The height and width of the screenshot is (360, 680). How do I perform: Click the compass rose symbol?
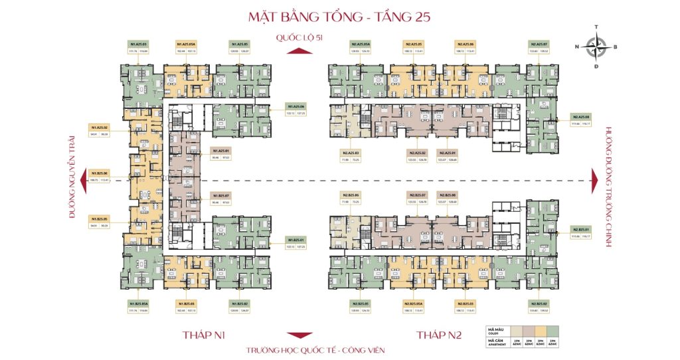[598, 46]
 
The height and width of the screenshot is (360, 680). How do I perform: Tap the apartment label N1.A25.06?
[296, 106]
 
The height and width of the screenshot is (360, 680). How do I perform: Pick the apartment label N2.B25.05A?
[413, 304]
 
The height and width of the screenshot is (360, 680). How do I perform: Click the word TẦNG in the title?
[392, 17]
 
